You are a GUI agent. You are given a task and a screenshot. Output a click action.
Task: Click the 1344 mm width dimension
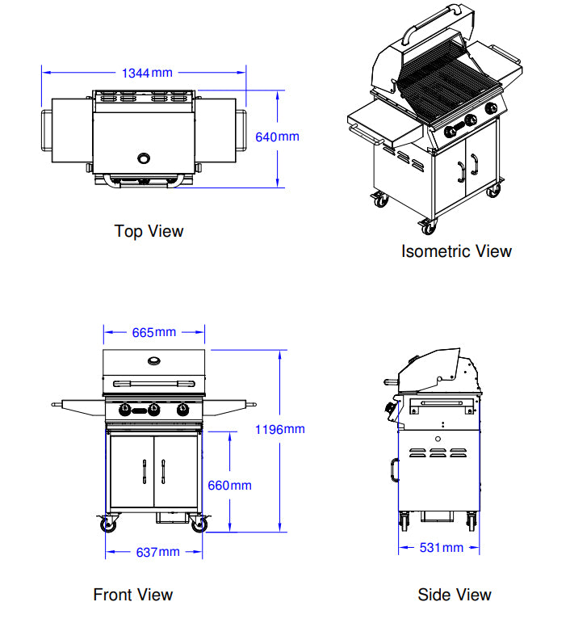[147, 73]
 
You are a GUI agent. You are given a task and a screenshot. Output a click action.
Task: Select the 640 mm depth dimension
[277, 137]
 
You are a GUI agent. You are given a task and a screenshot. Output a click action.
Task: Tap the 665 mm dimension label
[153, 332]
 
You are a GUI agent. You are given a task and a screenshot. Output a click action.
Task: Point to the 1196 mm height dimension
[279, 429]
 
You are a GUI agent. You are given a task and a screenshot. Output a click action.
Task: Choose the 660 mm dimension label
[230, 486]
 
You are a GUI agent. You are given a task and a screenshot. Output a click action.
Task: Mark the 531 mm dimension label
[441, 548]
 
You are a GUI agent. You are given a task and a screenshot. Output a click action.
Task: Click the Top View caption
[149, 231]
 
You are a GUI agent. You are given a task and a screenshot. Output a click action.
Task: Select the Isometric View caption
[456, 251]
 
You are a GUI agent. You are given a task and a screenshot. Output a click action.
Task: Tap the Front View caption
[132, 595]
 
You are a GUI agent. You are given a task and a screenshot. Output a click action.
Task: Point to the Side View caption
[454, 595]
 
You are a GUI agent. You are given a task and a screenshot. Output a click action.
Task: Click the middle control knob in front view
[153, 409]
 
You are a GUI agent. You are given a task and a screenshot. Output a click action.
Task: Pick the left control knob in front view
[125, 409]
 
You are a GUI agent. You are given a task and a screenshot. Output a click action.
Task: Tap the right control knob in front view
[182, 409]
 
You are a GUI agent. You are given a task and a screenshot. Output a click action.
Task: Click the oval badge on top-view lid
[145, 158]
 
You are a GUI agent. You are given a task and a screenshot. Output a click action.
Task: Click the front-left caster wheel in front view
[107, 525]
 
